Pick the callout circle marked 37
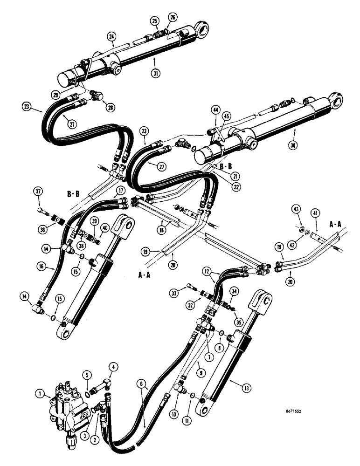39,191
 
